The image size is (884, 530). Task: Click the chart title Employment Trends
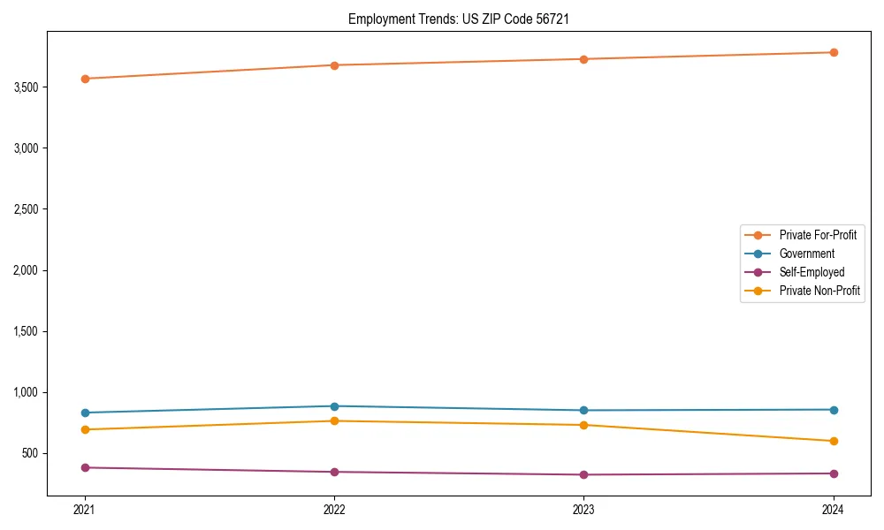(x=403, y=19)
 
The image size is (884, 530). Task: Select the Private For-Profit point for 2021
(x=85, y=79)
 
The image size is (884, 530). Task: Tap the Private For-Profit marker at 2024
(x=834, y=52)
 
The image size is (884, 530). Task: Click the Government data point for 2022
(x=334, y=406)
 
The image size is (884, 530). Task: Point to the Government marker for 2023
(x=584, y=410)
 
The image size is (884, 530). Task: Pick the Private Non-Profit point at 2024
(x=834, y=441)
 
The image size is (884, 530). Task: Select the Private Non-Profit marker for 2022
(x=334, y=420)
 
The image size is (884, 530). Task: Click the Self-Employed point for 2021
(x=85, y=467)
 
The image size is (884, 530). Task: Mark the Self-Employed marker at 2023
(x=584, y=474)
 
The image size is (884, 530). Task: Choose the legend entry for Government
(x=806, y=254)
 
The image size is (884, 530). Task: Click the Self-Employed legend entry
(x=812, y=272)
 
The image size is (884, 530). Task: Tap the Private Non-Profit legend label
(x=819, y=291)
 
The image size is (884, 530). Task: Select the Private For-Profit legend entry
(x=818, y=235)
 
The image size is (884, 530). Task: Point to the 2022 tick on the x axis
(x=334, y=509)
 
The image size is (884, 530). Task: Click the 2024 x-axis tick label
(x=834, y=509)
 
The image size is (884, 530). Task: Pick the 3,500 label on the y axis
(x=27, y=87)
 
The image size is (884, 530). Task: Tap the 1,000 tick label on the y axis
(x=27, y=392)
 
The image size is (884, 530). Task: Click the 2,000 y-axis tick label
(x=27, y=270)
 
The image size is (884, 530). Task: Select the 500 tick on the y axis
(x=31, y=453)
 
